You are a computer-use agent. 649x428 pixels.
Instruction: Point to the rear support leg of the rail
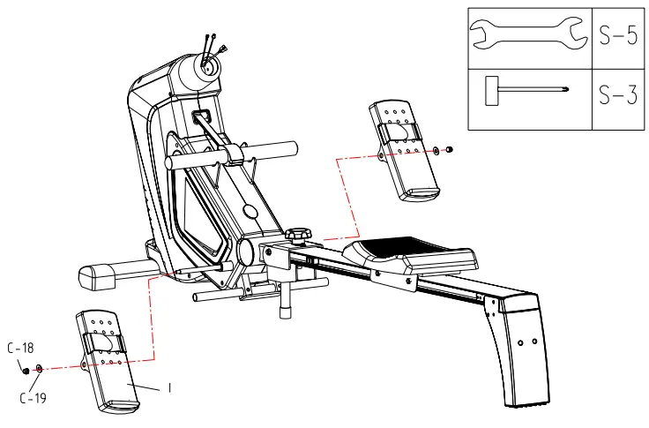[520, 353]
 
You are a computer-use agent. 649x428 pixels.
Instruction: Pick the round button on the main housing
[250, 212]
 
